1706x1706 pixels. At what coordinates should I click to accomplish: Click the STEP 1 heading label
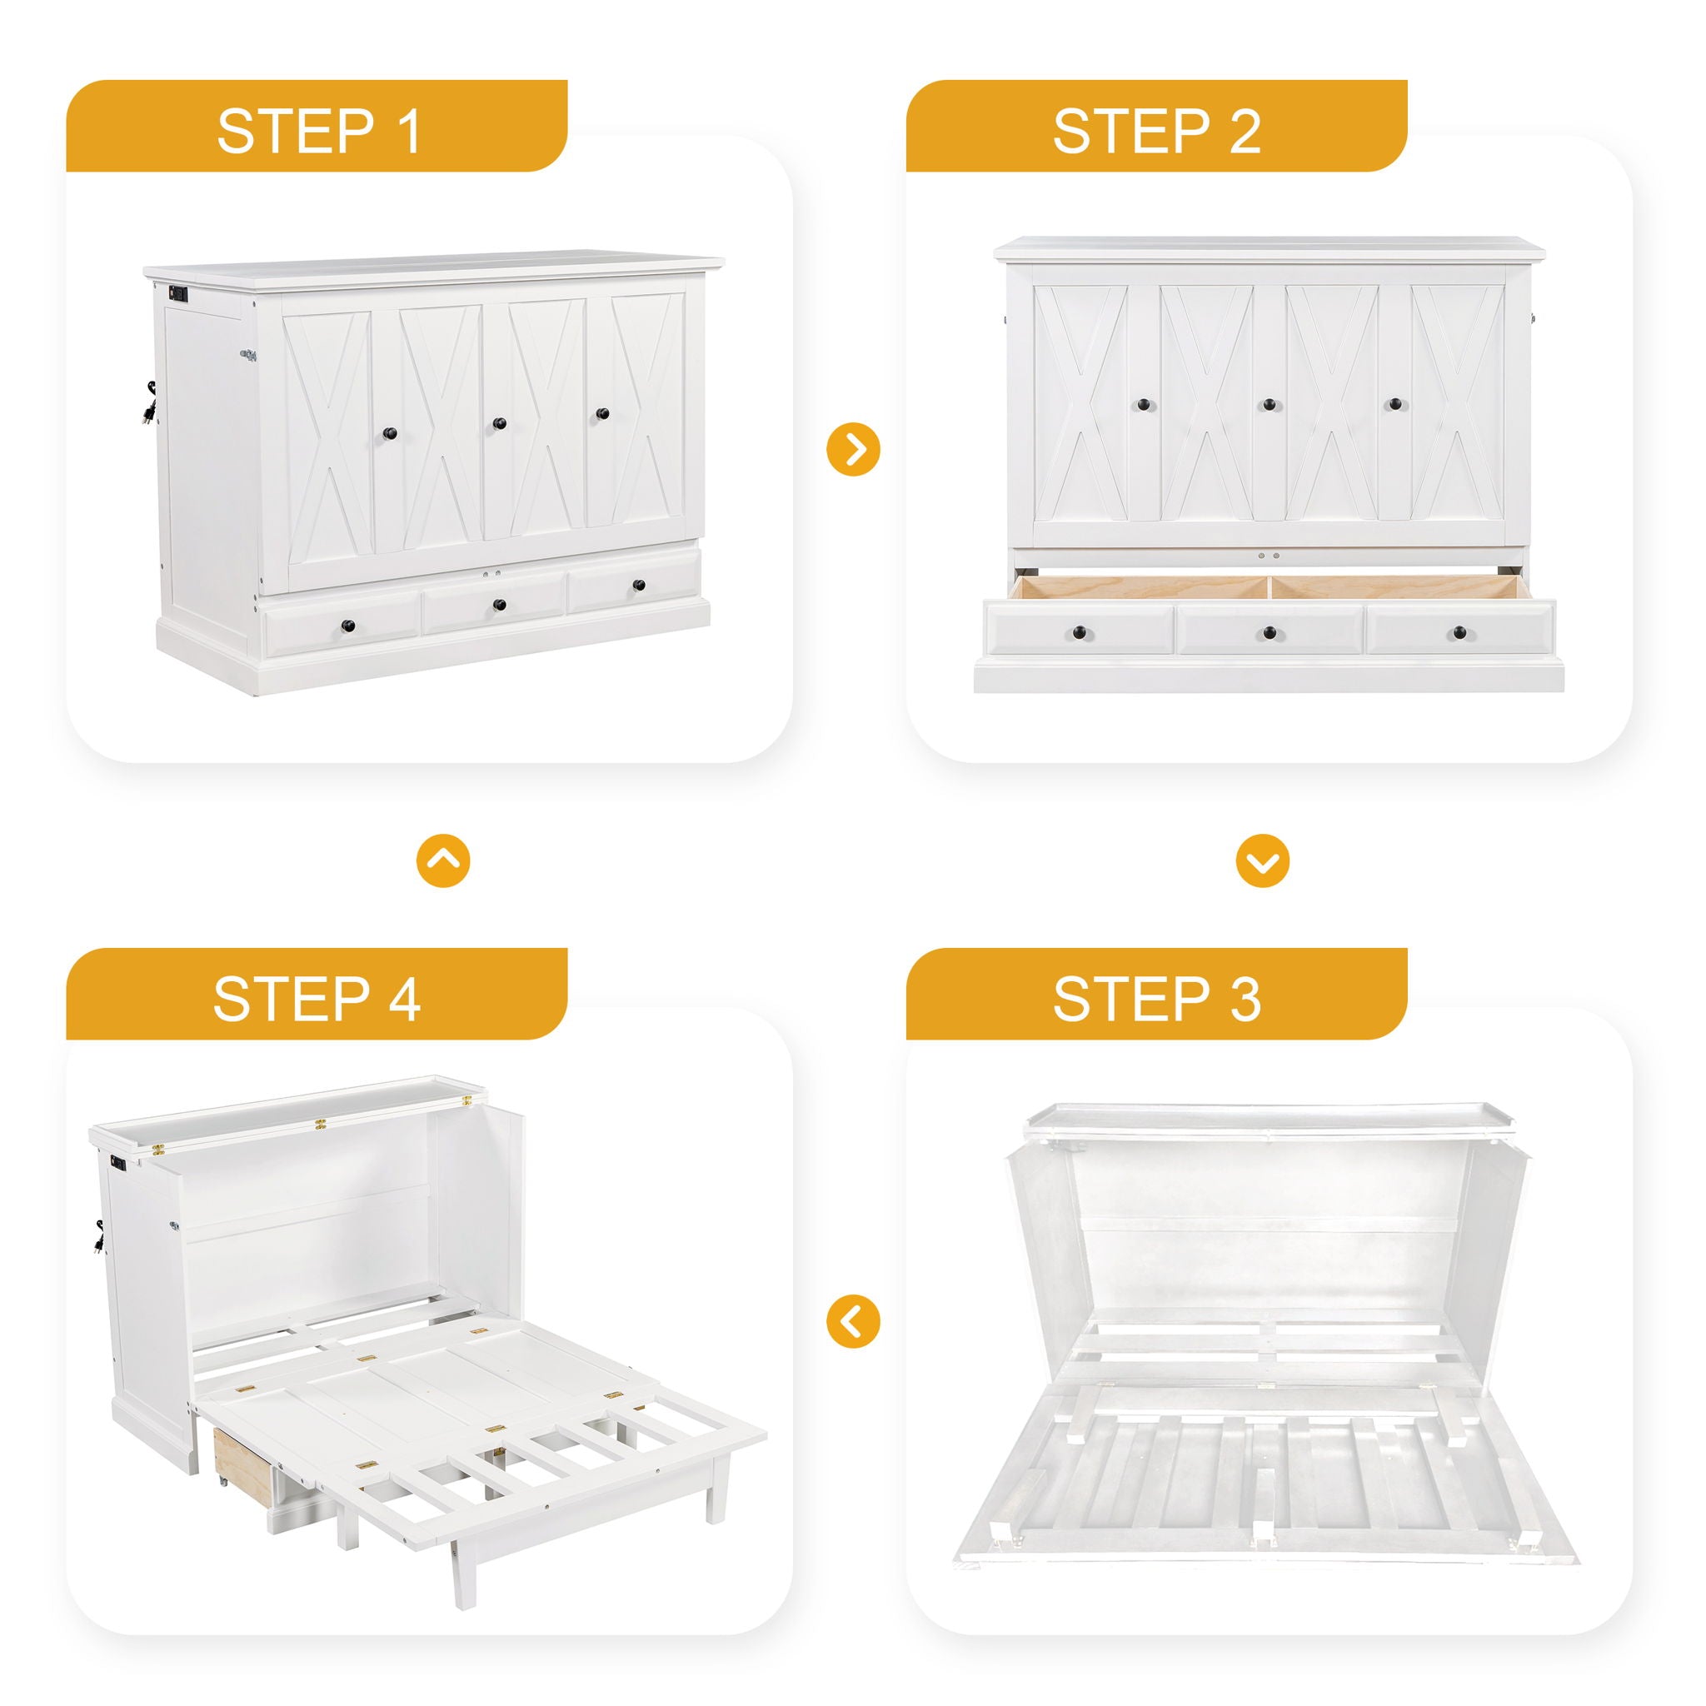[x=319, y=132]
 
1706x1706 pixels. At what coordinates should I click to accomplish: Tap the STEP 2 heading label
[x=1157, y=132]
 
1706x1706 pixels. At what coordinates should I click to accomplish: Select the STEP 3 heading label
[x=1157, y=1000]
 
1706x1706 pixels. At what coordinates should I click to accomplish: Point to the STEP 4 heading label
[x=316, y=1000]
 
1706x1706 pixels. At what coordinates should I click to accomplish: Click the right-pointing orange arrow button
[x=853, y=450]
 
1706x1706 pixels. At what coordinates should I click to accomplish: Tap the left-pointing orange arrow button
[x=853, y=1321]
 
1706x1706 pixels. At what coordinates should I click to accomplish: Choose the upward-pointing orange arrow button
[x=443, y=861]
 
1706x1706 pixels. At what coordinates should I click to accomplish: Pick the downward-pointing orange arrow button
[x=1263, y=861]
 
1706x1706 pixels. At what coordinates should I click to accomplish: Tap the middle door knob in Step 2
[x=1269, y=404]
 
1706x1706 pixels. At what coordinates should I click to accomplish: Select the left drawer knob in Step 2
[x=1079, y=631]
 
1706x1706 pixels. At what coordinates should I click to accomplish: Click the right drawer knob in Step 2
[x=1459, y=631]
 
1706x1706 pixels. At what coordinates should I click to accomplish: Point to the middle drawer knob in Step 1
[x=500, y=605]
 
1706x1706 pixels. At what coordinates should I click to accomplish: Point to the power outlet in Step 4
[x=118, y=1163]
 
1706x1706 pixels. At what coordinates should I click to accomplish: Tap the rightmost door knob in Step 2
[x=1395, y=404]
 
